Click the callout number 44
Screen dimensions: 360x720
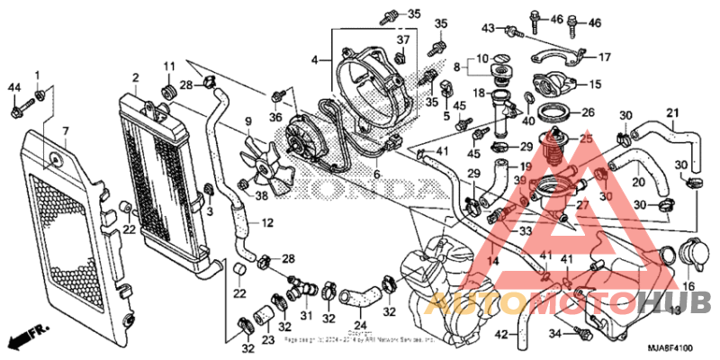click(13, 86)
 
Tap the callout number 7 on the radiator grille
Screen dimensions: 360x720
click(65, 131)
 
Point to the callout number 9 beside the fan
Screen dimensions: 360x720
click(247, 121)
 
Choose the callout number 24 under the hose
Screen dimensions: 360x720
click(359, 326)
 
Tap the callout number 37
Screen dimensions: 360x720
click(403, 40)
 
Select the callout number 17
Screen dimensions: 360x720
click(605, 57)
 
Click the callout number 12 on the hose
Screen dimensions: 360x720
click(266, 223)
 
